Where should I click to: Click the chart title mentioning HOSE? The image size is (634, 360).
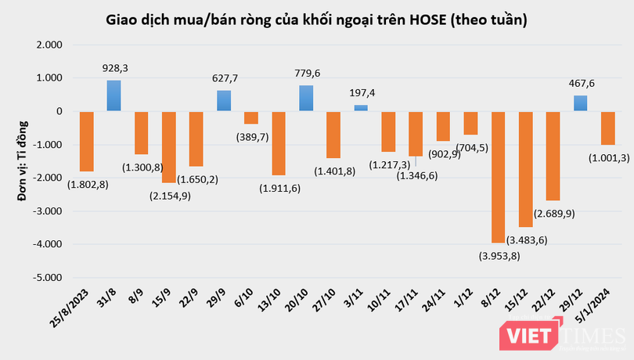point(316,20)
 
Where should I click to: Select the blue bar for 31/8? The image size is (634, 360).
point(113,95)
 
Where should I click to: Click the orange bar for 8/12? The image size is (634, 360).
point(499,177)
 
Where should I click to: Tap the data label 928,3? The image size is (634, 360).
point(114,69)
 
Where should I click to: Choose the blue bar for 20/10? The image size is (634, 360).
point(306,98)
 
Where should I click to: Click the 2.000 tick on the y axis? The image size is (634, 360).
point(49,45)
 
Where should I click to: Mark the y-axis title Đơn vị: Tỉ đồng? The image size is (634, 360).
point(21,161)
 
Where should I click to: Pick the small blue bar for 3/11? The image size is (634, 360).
point(361,108)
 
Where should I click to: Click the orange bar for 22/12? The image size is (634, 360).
point(553,156)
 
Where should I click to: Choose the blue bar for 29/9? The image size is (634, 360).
point(224,101)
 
